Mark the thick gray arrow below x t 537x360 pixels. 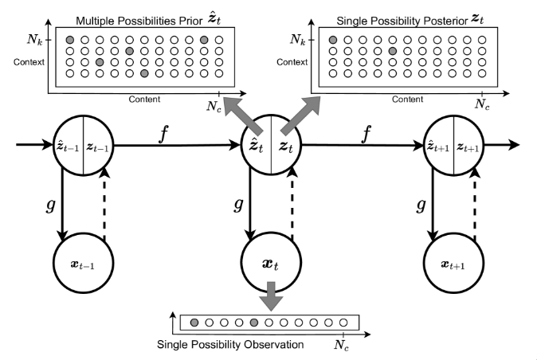pos(272,296)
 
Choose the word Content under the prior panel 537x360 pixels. pos(144,100)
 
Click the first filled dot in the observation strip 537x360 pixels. pos(194,323)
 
